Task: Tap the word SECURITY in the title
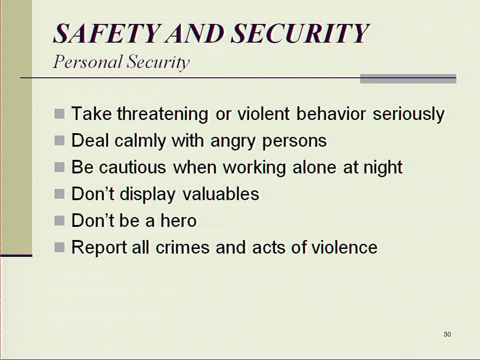[x=300, y=33]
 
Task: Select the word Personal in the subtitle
[x=88, y=61]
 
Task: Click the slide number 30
[x=447, y=334]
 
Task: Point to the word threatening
[x=163, y=114]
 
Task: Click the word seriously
[x=408, y=114]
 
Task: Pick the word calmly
[x=140, y=141]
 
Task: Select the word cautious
[x=132, y=167]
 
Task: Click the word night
[x=382, y=167]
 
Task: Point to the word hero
[x=179, y=220]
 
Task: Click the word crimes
[x=182, y=247]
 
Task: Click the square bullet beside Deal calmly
[x=60, y=141]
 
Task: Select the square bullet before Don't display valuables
[x=60, y=194]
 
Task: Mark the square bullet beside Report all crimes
[x=60, y=247]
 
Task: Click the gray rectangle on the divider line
[x=408, y=79]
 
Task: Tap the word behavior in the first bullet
[x=331, y=113]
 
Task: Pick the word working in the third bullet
[x=254, y=167]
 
